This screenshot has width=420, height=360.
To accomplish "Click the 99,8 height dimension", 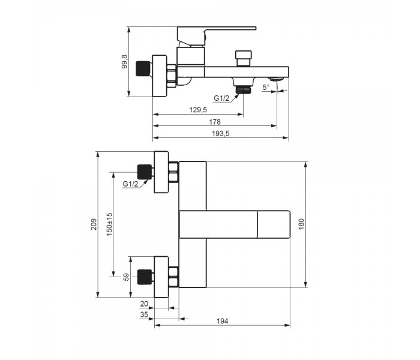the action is click(x=125, y=62).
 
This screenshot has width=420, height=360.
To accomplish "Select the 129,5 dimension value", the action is click(x=198, y=110).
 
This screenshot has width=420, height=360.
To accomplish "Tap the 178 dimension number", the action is click(x=215, y=122).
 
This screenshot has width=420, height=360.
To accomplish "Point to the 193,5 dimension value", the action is click(x=221, y=133).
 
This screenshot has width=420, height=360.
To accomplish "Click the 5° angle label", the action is click(x=266, y=88).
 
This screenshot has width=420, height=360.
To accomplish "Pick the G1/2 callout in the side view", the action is click(x=221, y=98).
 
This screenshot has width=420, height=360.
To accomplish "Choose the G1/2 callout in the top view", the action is click(x=130, y=184).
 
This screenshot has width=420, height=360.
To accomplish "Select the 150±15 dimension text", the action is click(x=110, y=224).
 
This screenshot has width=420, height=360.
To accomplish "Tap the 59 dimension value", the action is click(x=126, y=277).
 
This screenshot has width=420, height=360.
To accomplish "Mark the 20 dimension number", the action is click(x=144, y=304).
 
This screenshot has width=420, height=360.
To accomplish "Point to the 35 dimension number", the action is click(x=144, y=314).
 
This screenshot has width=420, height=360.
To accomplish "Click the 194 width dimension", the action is click(x=223, y=321).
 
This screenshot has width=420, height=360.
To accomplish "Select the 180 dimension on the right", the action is click(x=302, y=224).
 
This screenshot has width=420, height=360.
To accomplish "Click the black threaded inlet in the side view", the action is click(x=143, y=69).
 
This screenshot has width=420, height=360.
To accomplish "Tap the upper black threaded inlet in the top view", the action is click(x=144, y=172).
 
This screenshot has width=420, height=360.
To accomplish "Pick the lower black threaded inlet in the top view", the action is click(x=144, y=277).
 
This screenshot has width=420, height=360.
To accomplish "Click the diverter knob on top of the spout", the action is click(x=243, y=58).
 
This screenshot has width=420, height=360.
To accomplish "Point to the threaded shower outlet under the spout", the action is click(x=243, y=90).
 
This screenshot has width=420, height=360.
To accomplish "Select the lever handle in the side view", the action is click(x=217, y=35).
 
